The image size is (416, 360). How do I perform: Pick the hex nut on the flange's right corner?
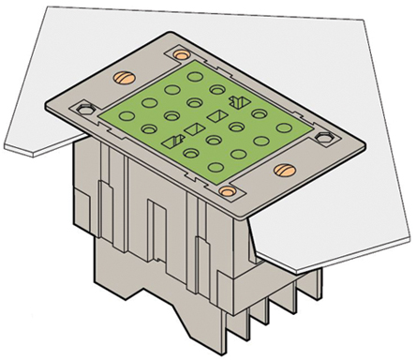click(325, 137)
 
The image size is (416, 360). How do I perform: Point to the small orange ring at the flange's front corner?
click(226, 191)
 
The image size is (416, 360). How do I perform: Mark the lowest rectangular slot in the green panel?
click(172, 141)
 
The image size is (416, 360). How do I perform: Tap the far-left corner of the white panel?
click(4, 146)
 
